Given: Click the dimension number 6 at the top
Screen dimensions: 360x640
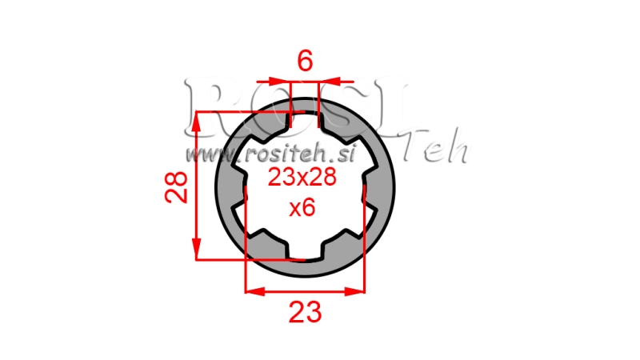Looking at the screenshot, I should tap(305, 61).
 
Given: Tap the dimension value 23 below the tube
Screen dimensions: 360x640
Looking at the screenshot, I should tap(305, 312).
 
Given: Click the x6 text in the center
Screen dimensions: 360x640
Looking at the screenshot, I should tap(302, 209).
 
